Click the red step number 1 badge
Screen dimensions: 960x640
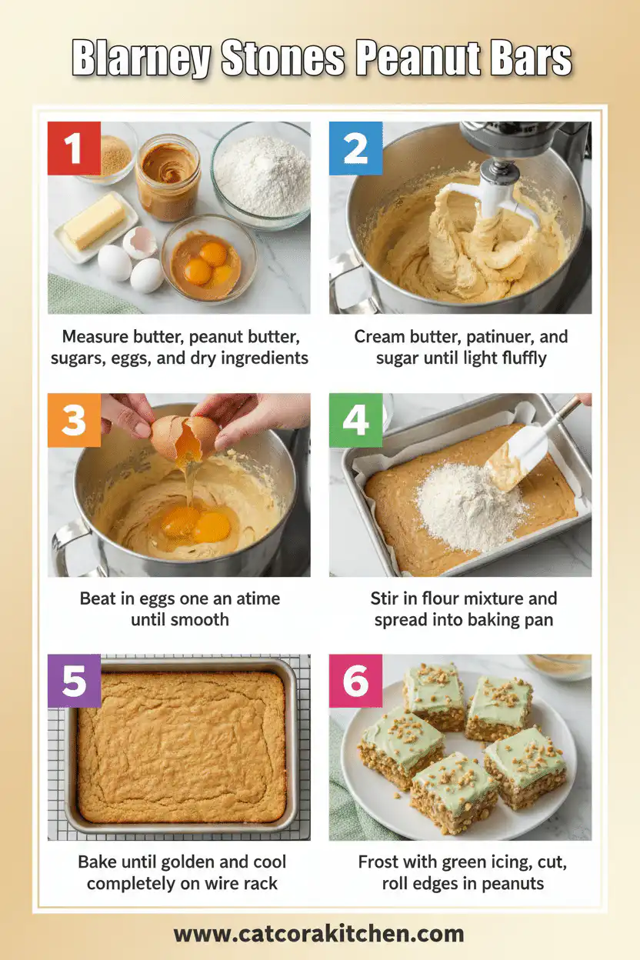74,148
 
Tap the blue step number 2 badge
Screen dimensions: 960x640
355,148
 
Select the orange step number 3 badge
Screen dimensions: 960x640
74,420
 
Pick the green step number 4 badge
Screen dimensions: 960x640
355,420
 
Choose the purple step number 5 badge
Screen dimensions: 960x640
74,681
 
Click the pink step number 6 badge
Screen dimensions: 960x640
355,681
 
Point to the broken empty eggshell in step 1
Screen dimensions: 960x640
139,241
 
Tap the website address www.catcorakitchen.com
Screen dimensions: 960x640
318,934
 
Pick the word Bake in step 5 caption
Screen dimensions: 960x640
97,862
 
